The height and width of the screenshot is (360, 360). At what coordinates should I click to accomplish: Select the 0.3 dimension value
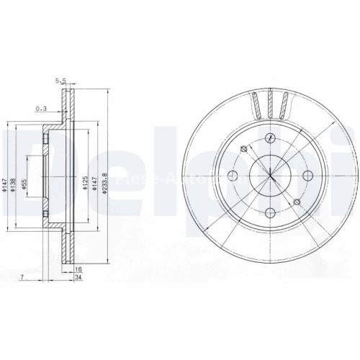tap(41, 109)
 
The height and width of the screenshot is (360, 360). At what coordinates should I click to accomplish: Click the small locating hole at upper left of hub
tap(243, 148)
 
